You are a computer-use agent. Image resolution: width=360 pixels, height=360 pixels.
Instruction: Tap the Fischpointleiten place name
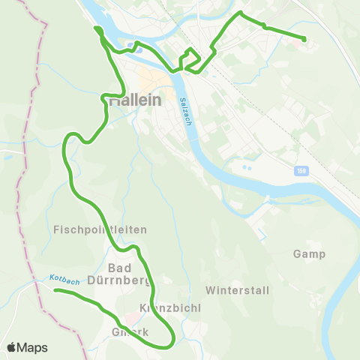point(100,229)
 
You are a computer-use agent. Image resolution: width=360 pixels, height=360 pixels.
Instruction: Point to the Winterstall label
point(236,289)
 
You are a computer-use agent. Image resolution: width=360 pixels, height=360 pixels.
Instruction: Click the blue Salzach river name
point(186,112)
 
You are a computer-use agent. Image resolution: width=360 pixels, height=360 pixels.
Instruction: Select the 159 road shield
point(300,172)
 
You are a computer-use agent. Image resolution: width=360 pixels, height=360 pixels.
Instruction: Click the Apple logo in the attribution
point(11,347)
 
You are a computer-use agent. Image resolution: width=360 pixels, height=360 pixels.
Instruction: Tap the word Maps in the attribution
point(32,347)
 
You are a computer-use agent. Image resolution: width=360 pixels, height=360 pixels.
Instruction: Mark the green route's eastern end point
point(304,39)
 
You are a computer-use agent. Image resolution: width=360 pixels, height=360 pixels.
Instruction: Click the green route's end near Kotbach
point(56,290)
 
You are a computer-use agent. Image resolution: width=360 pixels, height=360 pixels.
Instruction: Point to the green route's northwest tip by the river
point(96,29)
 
